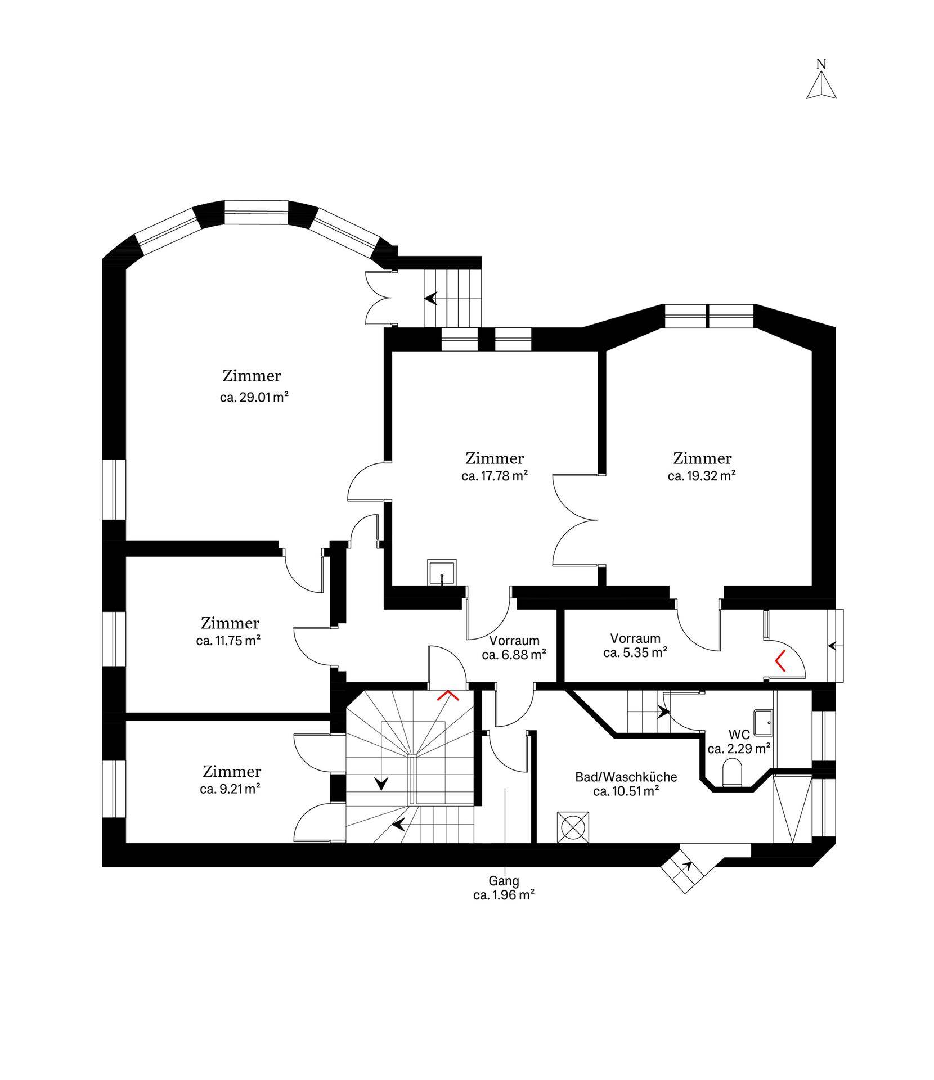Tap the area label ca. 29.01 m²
254,397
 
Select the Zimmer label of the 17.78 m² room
495,458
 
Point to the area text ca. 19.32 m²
702,475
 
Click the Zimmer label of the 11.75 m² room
230,623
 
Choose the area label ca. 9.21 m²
230,789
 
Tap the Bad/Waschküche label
626,777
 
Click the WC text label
739,735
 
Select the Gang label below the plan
504,881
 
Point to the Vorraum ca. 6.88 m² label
514,647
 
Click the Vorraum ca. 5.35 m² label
635,645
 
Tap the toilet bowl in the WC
731,772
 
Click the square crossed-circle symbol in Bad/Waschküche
573,827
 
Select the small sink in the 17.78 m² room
442,573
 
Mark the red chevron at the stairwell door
448,696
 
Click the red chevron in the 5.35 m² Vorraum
780,662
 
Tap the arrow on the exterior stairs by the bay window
431,298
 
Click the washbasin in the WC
763,722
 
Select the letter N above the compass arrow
821,64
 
